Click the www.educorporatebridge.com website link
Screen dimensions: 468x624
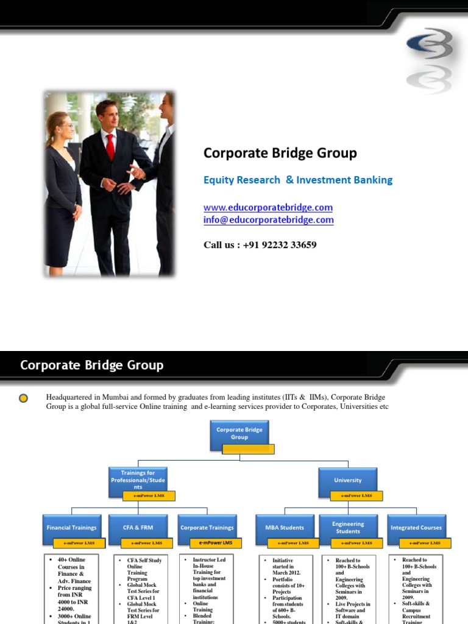pos(268,207)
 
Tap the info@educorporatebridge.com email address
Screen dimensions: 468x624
pos(268,220)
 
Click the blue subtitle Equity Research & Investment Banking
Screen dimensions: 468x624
pos(297,180)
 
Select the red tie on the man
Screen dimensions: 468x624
pos(110,146)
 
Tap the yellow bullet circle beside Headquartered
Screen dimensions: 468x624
pos(23,399)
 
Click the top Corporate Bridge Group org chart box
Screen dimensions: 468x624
pos(239,433)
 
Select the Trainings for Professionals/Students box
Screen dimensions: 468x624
pos(137,480)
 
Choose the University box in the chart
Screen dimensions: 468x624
pos(347,480)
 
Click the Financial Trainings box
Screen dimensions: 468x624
pos(71,527)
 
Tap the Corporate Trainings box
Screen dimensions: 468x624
pos(207,527)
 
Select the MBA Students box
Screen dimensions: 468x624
pos(285,527)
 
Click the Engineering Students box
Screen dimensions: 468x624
pos(348,527)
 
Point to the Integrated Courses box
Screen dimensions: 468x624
pos(417,527)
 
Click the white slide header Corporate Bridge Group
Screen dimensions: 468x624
pos(92,366)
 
